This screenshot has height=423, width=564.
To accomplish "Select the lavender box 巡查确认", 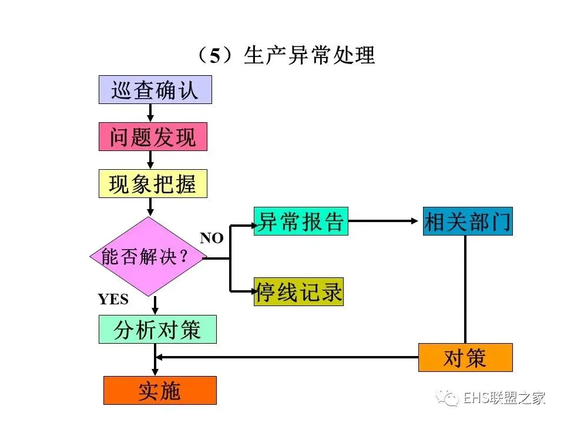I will (x=155, y=90).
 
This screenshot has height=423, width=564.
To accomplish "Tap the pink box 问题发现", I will (x=153, y=137).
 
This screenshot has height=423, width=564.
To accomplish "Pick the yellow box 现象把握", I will (x=153, y=184).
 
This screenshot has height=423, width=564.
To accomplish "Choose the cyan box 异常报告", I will (x=301, y=221).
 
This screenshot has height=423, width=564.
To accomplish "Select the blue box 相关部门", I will (x=468, y=221).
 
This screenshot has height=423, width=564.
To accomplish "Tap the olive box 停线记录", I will (x=298, y=292).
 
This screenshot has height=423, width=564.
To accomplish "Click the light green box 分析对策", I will (x=157, y=330).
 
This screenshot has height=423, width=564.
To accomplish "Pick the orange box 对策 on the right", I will (x=465, y=357).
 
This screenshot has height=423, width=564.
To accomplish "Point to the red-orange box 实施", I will (x=160, y=391).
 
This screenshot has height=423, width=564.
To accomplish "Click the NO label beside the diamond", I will (x=211, y=238).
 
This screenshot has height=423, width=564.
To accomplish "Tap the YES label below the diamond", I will (x=113, y=300).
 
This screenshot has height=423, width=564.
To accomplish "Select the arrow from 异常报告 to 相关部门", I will (x=385, y=221).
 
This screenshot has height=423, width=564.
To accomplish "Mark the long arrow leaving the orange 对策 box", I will (x=288, y=357).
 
